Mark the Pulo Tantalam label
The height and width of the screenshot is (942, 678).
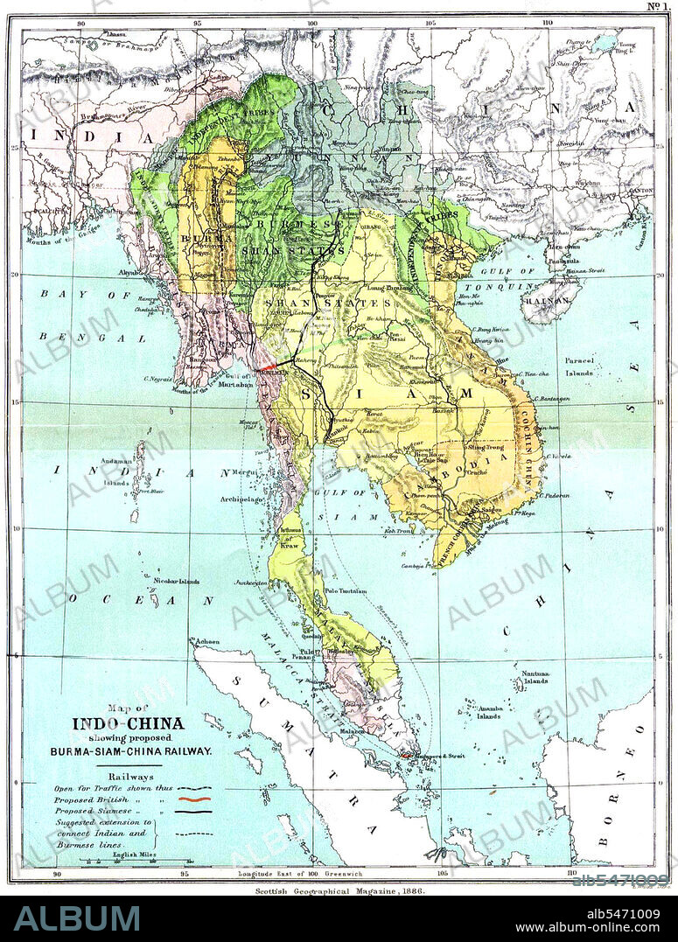point(343,591)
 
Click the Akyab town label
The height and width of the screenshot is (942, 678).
point(130,273)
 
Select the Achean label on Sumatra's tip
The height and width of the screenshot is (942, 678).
point(207,641)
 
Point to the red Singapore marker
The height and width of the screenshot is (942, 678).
point(407,754)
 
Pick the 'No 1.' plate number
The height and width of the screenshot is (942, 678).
point(657,7)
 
